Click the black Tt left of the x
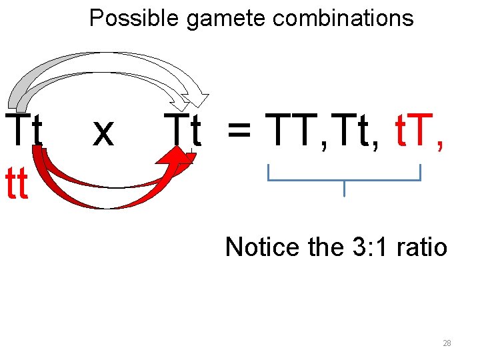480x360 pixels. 24,131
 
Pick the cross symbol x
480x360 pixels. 103,132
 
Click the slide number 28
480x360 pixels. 447,343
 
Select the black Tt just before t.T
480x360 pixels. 355,130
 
